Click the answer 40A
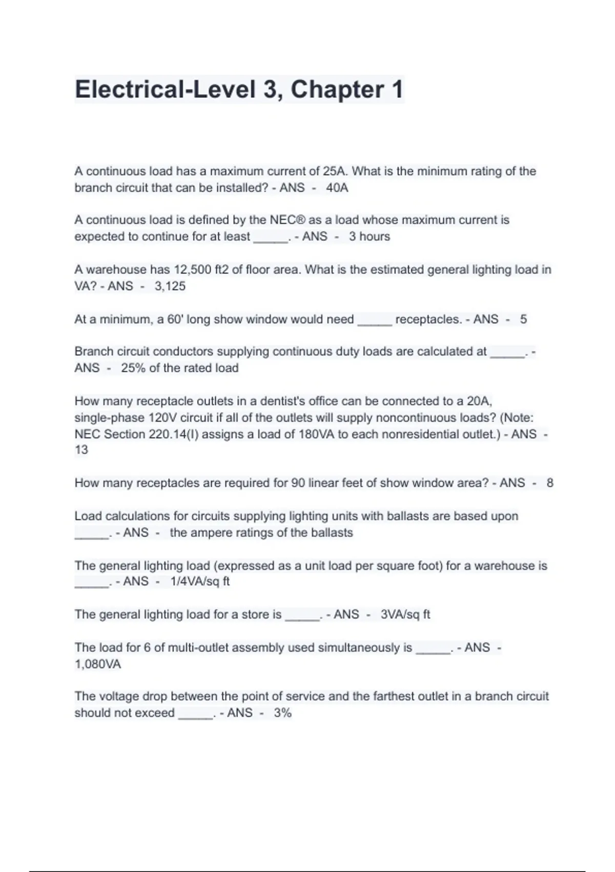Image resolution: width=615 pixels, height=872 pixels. (337, 188)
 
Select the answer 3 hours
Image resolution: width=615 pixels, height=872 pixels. (369, 236)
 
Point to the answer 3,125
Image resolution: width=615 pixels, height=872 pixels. (170, 286)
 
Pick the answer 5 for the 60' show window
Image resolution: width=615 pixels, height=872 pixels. (523, 319)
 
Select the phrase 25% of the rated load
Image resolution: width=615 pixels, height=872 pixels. (179, 368)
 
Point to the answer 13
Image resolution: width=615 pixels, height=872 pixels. (81, 450)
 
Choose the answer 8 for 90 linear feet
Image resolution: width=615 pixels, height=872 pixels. (550, 483)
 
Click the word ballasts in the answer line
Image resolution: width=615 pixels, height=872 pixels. (334, 532)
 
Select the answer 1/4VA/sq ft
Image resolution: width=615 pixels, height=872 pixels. (200, 581)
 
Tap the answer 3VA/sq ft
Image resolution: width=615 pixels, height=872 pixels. (405, 615)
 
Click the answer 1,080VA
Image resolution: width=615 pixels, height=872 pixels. (98, 664)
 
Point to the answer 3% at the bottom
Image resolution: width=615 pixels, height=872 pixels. (282, 712)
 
